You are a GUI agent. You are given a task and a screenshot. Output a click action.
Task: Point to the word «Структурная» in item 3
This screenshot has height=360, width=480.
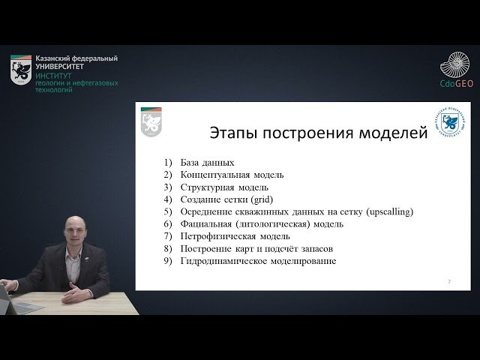[208, 187]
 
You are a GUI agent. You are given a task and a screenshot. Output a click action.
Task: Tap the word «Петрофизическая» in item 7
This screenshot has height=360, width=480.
[218, 236]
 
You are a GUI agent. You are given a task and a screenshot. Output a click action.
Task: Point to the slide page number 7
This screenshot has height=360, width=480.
[448, 281]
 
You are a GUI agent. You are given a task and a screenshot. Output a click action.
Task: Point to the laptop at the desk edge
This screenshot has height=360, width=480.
[6, 293]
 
